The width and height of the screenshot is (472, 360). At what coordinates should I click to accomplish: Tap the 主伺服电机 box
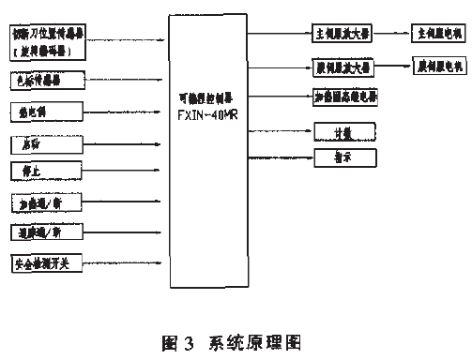439,33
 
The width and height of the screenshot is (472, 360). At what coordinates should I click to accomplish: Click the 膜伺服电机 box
439,67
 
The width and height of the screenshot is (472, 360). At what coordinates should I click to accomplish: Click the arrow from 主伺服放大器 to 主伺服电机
391,34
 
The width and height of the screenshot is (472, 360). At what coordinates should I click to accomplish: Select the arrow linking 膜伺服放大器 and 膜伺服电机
391,67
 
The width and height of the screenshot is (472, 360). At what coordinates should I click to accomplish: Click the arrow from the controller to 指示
282,157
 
